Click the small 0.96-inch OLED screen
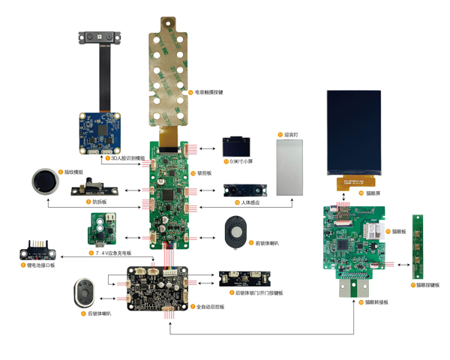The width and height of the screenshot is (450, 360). pos(238,146)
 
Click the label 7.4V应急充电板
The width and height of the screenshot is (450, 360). pos(112,253)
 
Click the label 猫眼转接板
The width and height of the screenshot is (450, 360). pos(377,301)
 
